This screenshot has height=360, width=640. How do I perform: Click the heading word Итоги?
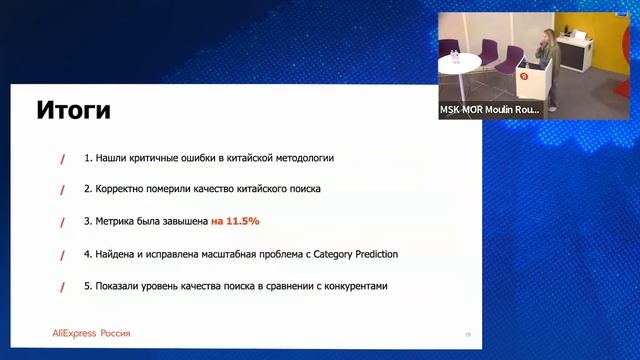73,109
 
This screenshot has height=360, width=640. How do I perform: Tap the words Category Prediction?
355,254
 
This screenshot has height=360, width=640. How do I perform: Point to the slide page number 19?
467,334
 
